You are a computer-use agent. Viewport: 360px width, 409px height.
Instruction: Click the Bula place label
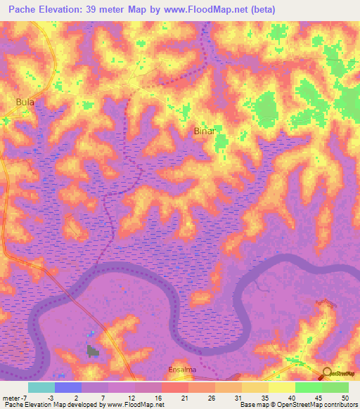click(25, 102)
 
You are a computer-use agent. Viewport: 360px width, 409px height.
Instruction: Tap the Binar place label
click(203, 131)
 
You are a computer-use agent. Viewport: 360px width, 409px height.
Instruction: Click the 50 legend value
click(335, 398)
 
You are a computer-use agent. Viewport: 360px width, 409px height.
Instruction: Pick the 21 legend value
click(166, 398)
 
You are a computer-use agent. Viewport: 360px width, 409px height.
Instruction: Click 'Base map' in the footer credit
click(256, 405)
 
